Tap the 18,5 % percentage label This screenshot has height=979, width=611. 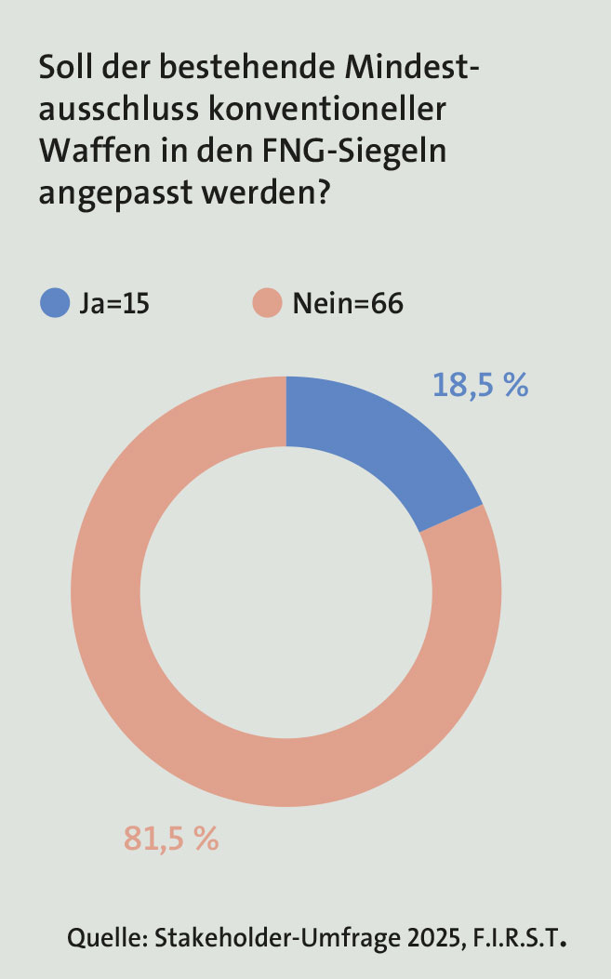(x=480, y=384)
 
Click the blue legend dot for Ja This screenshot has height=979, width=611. (x=55, y=304)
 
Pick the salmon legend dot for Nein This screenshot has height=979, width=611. (x=268, y=304)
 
